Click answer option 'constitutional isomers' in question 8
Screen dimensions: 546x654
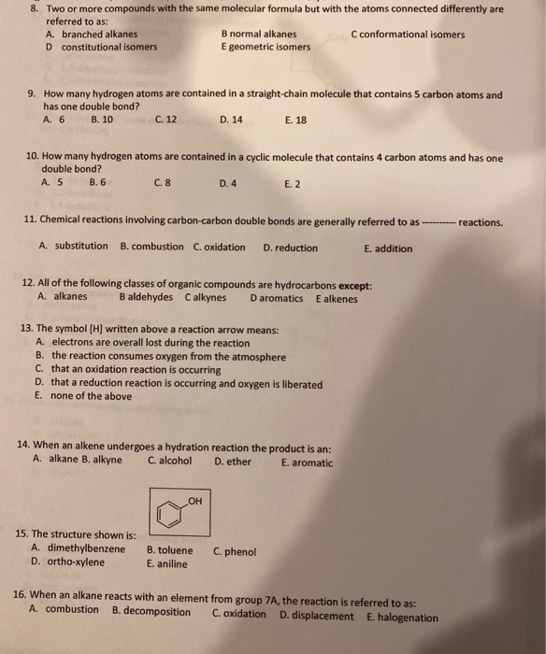pos(108,47)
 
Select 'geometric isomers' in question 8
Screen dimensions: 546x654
pos(269,47)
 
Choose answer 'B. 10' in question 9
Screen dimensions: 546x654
pos(102,120)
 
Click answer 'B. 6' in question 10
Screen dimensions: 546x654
pos(98,183)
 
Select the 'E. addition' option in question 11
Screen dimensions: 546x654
pos(388,249)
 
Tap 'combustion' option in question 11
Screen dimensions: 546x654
pos(152,247)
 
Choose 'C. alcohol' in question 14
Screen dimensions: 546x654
pos(170,461)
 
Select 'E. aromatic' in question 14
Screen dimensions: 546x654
pos(306,462)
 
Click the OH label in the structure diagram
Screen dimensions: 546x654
pos(194,501)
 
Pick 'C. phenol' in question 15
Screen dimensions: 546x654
pos(235,551)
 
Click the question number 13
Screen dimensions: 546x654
pos(25,329)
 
